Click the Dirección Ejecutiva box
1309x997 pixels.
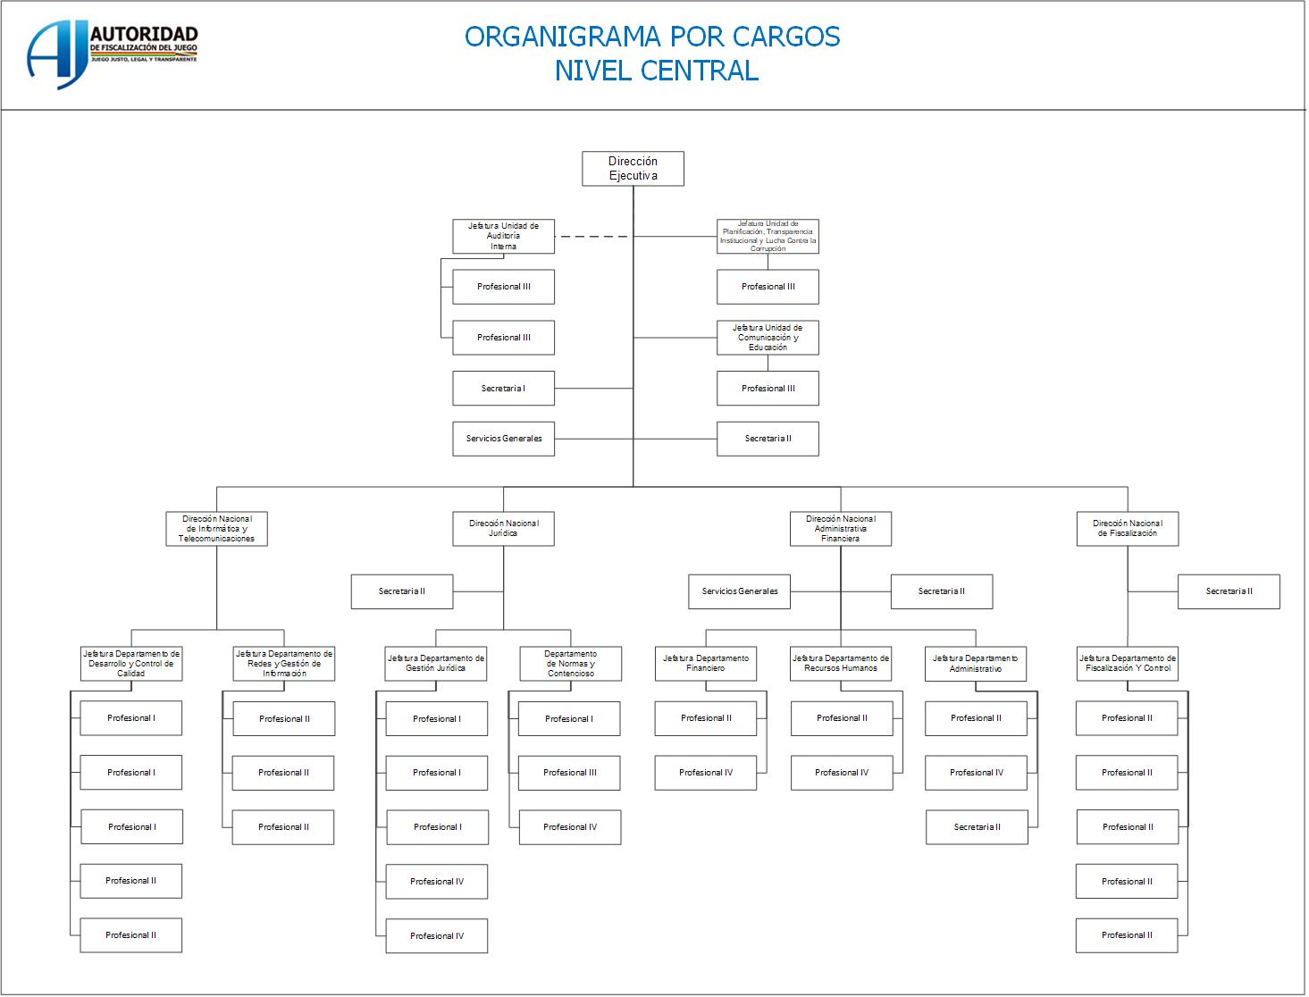pos(633,169)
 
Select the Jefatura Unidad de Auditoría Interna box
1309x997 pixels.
pos(503,236)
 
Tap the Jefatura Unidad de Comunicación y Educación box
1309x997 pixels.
pos(768,338)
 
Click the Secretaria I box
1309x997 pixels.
pos(503,389)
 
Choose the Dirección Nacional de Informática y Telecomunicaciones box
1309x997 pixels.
pos(216,529)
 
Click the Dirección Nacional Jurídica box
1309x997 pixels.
pos(503,529)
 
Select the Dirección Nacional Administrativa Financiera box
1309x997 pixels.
pos(840,529)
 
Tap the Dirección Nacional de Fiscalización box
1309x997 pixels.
pos(1127,529)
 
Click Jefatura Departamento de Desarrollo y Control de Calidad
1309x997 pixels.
pos(131,664)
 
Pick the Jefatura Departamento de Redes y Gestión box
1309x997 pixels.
pos(284,664)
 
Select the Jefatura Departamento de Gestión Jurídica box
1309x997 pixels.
pos(436,664)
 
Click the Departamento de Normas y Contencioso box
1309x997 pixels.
pos(570,664)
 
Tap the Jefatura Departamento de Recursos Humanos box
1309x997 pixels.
pos(840,664)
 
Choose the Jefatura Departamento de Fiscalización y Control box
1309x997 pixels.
pos(1127,664)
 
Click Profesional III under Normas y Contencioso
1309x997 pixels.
pos(569,773)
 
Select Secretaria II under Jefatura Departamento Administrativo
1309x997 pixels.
pos(977,827)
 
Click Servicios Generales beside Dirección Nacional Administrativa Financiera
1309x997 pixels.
pos(739,591)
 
